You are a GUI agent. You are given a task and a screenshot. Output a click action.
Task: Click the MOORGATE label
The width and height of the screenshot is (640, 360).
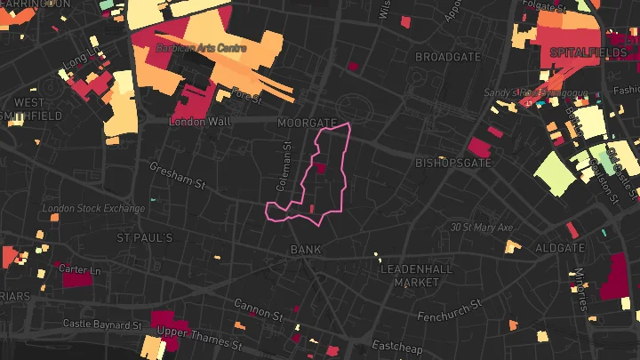coord(307,122)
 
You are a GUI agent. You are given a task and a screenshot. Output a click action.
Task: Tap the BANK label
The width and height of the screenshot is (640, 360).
coord(306,250)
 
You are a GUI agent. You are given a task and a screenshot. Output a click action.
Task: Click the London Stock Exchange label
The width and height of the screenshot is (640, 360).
coord(93,209)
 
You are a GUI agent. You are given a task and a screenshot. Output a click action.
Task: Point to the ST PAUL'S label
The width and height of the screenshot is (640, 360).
coord(145,238)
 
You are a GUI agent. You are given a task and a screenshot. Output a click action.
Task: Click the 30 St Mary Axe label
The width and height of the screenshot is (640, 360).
coord(482,228)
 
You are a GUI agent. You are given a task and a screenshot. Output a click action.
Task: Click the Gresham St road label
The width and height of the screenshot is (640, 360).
coord(178,175)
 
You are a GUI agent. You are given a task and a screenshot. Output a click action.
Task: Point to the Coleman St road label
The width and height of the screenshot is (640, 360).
coord(284,170)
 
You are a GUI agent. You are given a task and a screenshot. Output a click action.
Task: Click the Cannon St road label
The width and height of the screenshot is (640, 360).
coord(258,309)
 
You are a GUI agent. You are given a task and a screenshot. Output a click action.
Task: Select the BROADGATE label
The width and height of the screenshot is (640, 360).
coord(448,57)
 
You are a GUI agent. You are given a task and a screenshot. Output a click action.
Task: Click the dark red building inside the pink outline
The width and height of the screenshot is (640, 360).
coord(320,168)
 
